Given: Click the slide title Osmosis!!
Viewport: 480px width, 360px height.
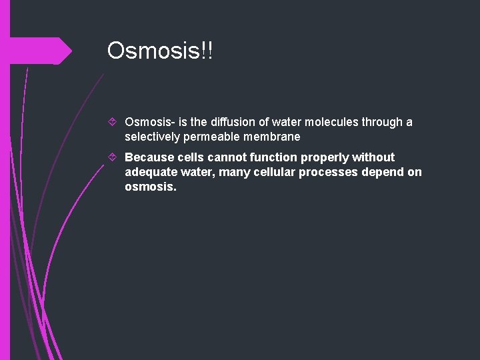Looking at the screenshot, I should point(160,51).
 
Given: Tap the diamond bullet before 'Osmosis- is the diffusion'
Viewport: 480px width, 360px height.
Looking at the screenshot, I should point(113,123).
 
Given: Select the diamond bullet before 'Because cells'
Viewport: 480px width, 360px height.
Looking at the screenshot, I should point(113,158).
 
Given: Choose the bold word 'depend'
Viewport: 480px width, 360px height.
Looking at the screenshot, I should point(383,172).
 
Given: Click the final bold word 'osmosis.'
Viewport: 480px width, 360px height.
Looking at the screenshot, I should point(151,187).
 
